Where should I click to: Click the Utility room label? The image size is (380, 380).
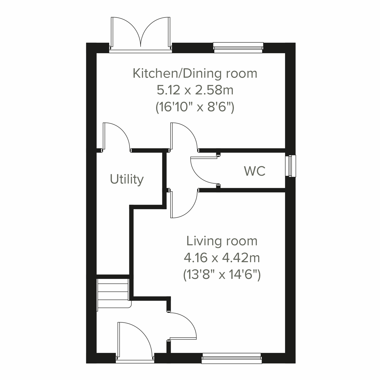[x=127, y=179]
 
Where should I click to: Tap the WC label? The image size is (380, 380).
[x=255, y=171]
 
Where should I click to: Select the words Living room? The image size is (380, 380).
[x=222, y=241]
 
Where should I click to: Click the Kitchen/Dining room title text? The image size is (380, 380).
[x=195, y=73]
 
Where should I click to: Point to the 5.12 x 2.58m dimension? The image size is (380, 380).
[x=195, y=90]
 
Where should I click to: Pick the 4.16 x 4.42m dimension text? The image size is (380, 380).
[x=222, y=258]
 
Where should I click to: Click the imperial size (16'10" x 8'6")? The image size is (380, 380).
[x=195, y=108]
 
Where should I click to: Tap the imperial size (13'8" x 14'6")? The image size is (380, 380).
[x=222, y=275]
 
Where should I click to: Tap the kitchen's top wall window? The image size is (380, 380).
[x=238, y=47]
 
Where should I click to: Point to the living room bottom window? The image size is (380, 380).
[x=231, y=358]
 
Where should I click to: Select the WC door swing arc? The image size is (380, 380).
[x=203, y=170]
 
